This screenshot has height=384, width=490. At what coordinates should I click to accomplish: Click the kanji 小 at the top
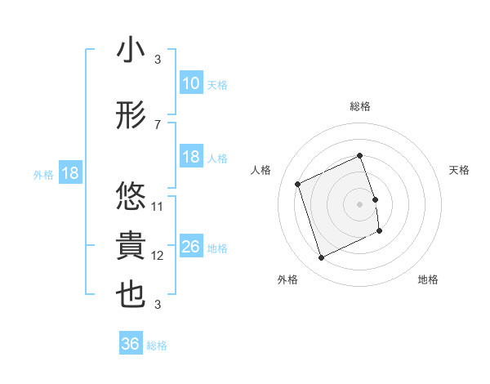131,51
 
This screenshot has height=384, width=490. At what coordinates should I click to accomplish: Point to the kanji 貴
131,246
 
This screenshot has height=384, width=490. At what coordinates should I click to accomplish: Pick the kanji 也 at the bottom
131,296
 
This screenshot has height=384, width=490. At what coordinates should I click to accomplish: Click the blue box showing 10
191,83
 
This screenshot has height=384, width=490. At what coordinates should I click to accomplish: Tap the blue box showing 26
191,248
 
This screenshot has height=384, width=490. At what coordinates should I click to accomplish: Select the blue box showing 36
131,344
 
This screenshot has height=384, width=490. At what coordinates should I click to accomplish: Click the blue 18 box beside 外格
69,173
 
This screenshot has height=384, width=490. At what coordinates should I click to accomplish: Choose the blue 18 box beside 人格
191,157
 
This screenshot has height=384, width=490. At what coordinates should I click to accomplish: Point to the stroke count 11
158,206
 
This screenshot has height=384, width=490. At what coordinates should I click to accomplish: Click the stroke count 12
158,256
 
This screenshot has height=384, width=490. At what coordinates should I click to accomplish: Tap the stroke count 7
158,124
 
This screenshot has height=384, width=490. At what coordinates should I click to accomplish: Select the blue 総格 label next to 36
158,346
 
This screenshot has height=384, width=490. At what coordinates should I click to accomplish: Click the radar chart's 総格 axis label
360,106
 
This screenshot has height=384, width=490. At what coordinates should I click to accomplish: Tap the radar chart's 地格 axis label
428,280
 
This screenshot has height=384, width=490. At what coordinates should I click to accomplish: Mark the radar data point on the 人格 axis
298,184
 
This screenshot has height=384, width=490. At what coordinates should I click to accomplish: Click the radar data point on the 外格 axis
321,258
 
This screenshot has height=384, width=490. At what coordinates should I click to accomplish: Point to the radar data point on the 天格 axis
375,199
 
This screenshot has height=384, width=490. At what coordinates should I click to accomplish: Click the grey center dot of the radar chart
360,203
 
